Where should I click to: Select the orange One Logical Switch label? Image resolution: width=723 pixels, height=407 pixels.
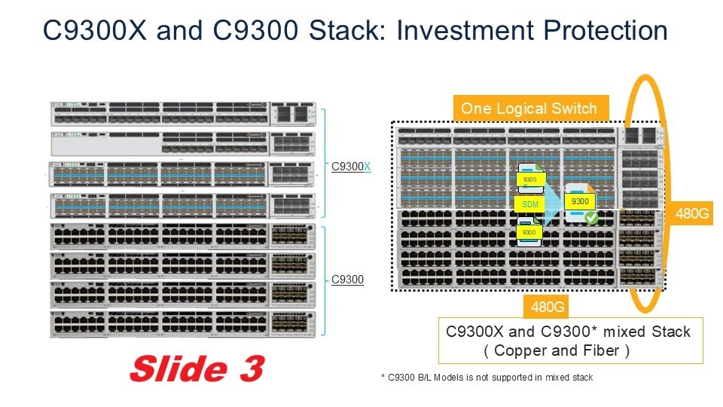tap(529, 109)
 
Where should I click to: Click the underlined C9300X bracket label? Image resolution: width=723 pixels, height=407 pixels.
tap(351, 167)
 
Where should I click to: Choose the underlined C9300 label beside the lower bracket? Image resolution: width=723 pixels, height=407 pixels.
tap(347, 280)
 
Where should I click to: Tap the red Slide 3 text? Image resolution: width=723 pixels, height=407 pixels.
tap(197, 368)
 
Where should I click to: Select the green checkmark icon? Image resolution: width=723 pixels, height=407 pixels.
tap(591, 219)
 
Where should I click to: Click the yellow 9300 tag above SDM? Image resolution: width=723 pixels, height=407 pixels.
tap(529, 181)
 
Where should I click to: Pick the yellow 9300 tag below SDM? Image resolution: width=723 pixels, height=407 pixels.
tap(529, 232)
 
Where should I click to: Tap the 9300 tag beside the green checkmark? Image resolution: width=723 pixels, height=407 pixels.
tap(580, 202)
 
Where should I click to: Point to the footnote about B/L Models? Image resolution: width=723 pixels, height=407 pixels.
tap(487, 377)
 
